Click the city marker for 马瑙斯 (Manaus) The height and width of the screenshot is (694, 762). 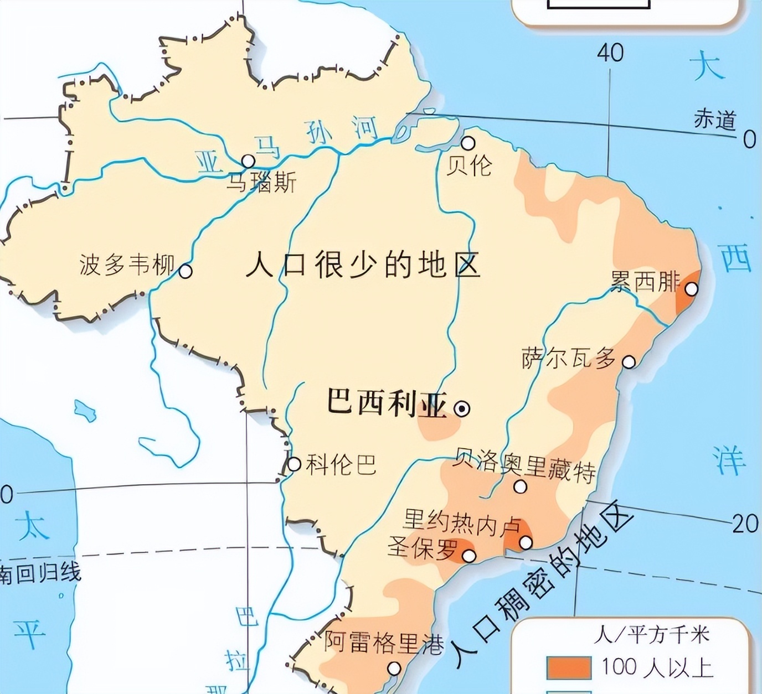(248, 161)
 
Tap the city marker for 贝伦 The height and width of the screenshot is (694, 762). (468, 143)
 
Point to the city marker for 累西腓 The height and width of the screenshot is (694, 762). (691, 289)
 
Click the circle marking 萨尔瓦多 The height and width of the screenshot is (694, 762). (629, 362)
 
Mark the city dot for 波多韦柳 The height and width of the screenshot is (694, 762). (186, 271)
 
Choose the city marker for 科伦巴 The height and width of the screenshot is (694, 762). (294, 464)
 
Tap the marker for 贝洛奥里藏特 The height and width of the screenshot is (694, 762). (520, 486)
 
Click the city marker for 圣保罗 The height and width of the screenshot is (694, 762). (469, 555)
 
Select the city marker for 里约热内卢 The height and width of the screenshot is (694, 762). (525, 542)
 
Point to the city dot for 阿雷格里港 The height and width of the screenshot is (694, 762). (394, 669)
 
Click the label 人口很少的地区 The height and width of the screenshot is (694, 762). (363, 265)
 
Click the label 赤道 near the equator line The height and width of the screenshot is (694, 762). (715, 120)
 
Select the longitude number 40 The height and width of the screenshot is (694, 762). (610, 53)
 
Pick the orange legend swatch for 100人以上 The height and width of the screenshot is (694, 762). (568, 667)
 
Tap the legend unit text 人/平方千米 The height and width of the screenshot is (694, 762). (651, 634)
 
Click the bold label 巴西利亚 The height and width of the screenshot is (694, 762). (386, 402)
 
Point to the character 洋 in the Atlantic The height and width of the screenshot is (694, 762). (728, 460)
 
